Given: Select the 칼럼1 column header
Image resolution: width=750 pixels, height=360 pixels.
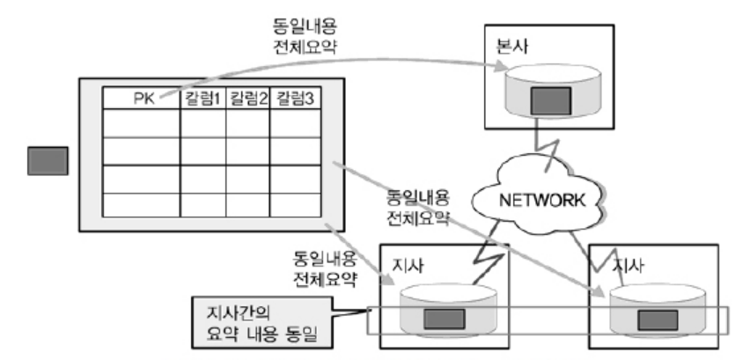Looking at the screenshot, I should click(202, 99).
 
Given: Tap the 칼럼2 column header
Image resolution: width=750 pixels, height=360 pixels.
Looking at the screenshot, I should click(247, 99).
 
